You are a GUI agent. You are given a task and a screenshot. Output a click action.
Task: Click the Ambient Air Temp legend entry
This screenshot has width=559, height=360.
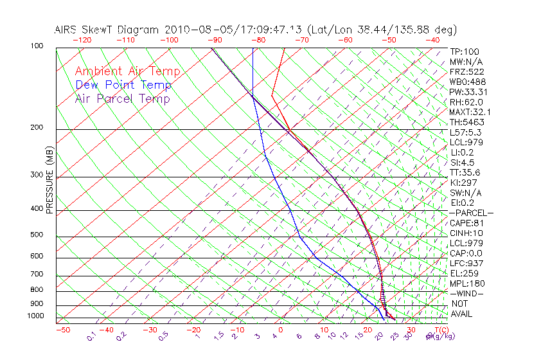[127, 71]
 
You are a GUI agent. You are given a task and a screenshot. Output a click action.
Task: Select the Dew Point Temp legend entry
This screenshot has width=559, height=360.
[123, 85]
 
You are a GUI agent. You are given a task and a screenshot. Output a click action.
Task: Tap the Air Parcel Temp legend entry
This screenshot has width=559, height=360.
[122, 98]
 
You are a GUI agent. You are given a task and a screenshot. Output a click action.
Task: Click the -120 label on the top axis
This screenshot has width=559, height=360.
[81, 40]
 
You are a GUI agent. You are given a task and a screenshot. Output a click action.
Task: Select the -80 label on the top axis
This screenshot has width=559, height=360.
[258, 40]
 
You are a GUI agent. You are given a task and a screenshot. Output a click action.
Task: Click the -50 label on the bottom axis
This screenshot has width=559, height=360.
[63, 330]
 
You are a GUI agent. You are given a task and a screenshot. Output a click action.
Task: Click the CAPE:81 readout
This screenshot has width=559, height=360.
[465, 223]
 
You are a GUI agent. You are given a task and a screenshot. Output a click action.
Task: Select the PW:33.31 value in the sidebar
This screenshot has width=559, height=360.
[466, 92]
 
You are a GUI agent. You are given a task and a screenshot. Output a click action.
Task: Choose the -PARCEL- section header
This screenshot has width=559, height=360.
[471, 213]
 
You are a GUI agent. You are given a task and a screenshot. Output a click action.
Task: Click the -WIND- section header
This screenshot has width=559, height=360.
[467, 293]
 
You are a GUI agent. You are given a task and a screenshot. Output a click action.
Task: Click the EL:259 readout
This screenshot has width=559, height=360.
[463, 273]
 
